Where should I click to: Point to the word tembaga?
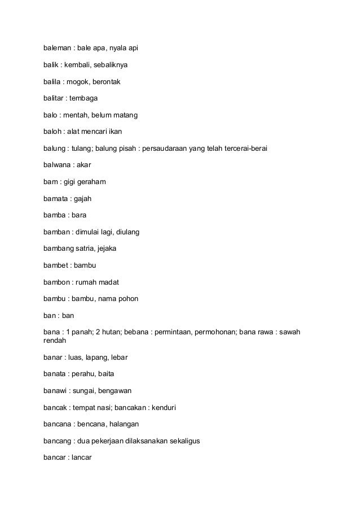(85, 98)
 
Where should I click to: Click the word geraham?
(95, 182)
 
